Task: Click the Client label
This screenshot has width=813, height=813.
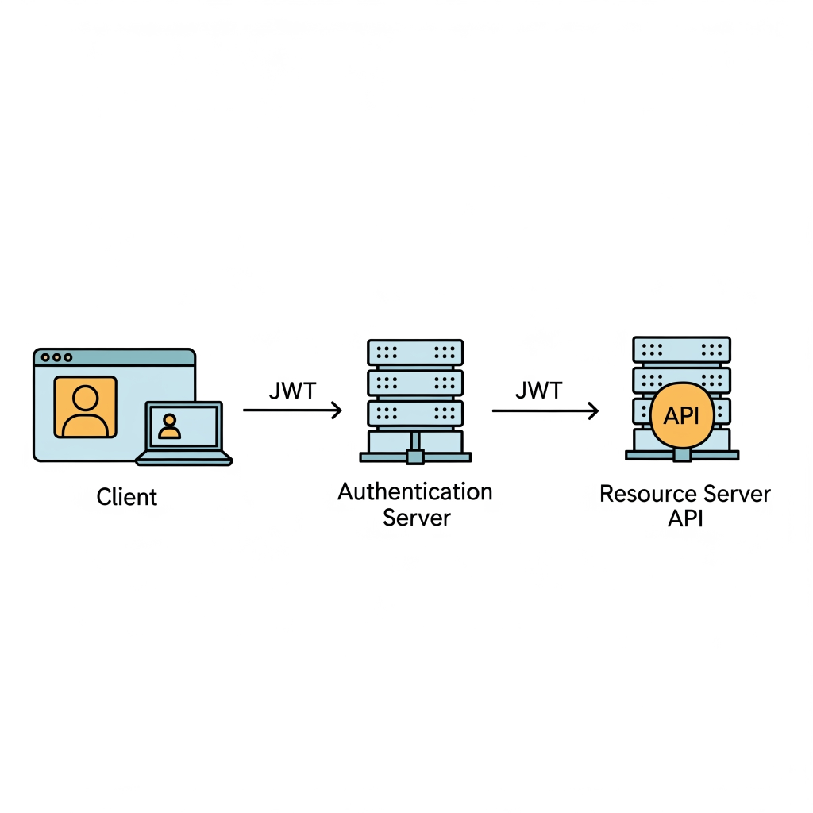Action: [x=126, y=497]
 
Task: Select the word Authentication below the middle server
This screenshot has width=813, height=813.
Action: [x=414, y=491]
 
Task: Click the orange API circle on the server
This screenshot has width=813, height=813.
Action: [x=682, y=415]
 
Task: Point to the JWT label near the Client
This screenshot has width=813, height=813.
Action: [x=292, y=391]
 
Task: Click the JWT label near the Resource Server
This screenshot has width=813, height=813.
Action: [x=539, y=391]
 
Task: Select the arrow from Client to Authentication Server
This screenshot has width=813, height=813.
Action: [x=292, y=410]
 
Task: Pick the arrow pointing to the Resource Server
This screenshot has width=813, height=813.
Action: [x=545, y=410]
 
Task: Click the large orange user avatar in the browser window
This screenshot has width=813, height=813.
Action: [x=86, y=407]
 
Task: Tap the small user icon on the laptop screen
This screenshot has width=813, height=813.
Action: [x=169, y=426]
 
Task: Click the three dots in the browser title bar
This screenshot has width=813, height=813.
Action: [x=56, y=357]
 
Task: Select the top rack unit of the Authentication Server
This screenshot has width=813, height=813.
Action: [x=415, y=353]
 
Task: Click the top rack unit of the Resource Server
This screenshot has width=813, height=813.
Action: [x=682, y=349]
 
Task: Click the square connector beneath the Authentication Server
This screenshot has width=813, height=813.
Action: [x=415, y=457]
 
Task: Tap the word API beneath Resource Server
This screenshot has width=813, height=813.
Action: [x=685, y=518]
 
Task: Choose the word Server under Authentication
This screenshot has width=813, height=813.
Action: [x=417, y=518]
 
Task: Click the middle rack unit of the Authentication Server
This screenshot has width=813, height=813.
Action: [x=415, y=383]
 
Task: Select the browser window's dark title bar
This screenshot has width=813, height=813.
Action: [x=114, y=357]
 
